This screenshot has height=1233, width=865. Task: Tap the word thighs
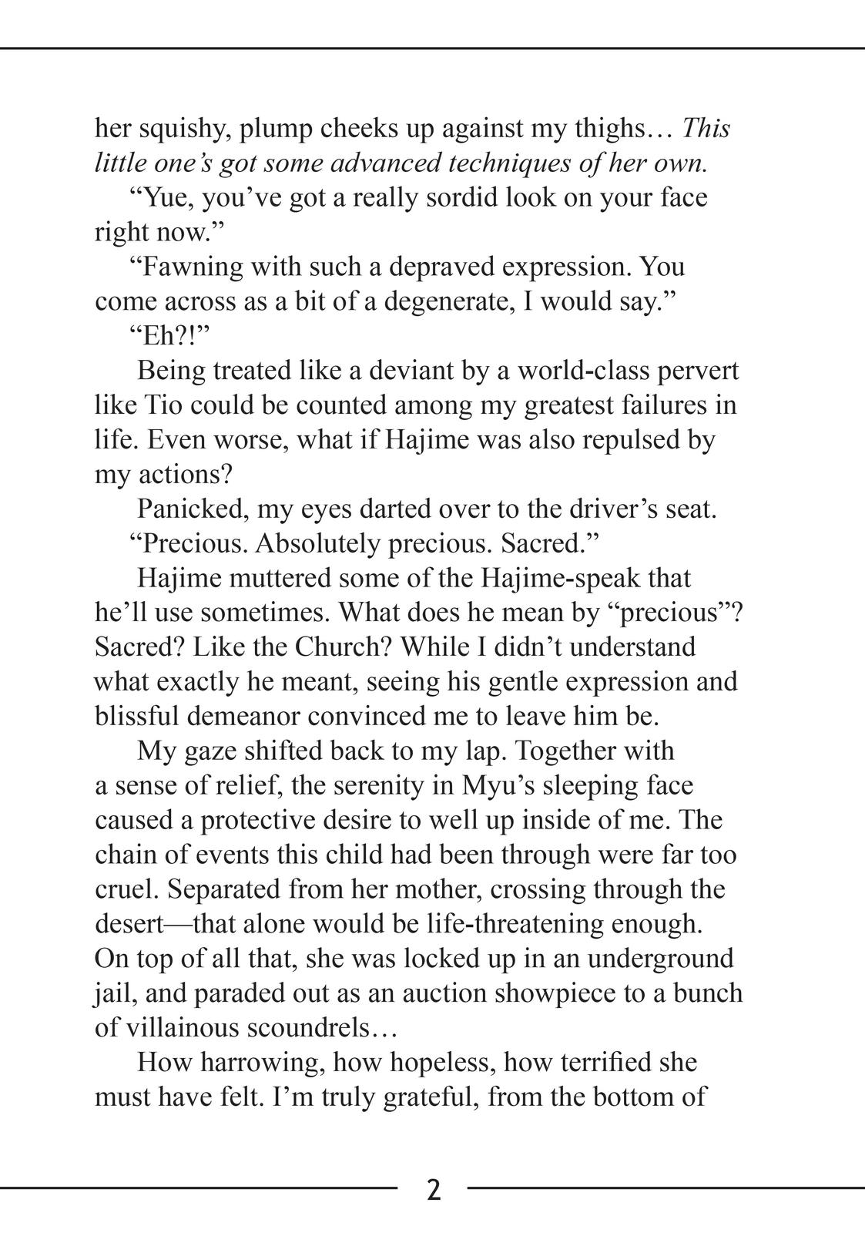(613, 129)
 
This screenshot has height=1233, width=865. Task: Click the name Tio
(163, 406)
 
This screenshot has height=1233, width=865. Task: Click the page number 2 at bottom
(434, 1190)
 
